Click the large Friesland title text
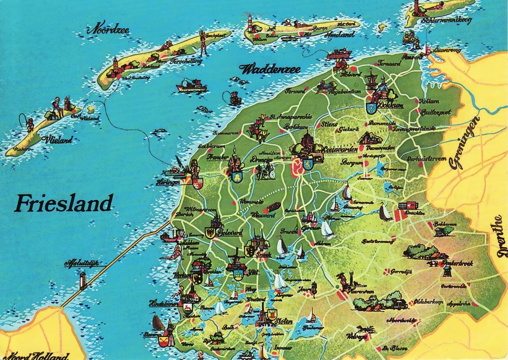[x=63, y=203]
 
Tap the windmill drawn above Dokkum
[x=370, y=79]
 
